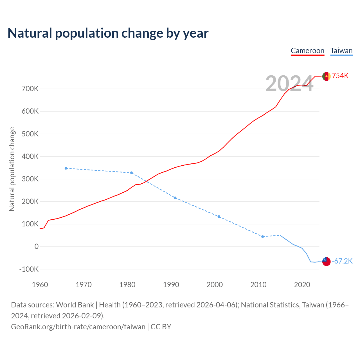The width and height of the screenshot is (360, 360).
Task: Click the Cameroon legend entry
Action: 307,51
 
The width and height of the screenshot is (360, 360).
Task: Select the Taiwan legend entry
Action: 341,51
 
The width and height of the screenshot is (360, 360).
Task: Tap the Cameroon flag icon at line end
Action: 326,76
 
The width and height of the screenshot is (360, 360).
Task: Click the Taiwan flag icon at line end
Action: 326,261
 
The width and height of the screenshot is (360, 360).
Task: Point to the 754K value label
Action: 340,76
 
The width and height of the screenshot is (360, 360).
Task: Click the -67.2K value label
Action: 342,261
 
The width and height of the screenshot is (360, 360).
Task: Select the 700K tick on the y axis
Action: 30,89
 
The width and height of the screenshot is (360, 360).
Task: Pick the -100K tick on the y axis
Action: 29,269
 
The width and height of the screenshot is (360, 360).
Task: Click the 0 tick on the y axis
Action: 37,247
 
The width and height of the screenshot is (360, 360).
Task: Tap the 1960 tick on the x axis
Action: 40,285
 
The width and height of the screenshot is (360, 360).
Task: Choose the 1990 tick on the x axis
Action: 171,285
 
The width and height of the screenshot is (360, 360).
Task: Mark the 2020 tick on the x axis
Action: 302,285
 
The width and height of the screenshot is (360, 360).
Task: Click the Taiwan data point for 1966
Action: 66,168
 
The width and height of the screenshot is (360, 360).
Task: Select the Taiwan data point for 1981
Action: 132,173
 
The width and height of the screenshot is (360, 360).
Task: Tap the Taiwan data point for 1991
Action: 175,198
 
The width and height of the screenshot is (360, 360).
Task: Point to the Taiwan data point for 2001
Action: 219,217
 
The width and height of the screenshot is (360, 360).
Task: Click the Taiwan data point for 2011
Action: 263,237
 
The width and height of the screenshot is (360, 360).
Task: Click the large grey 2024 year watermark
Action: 289,84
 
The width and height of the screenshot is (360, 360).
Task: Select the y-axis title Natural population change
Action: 12,169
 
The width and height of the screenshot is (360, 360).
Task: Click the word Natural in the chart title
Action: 30,33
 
